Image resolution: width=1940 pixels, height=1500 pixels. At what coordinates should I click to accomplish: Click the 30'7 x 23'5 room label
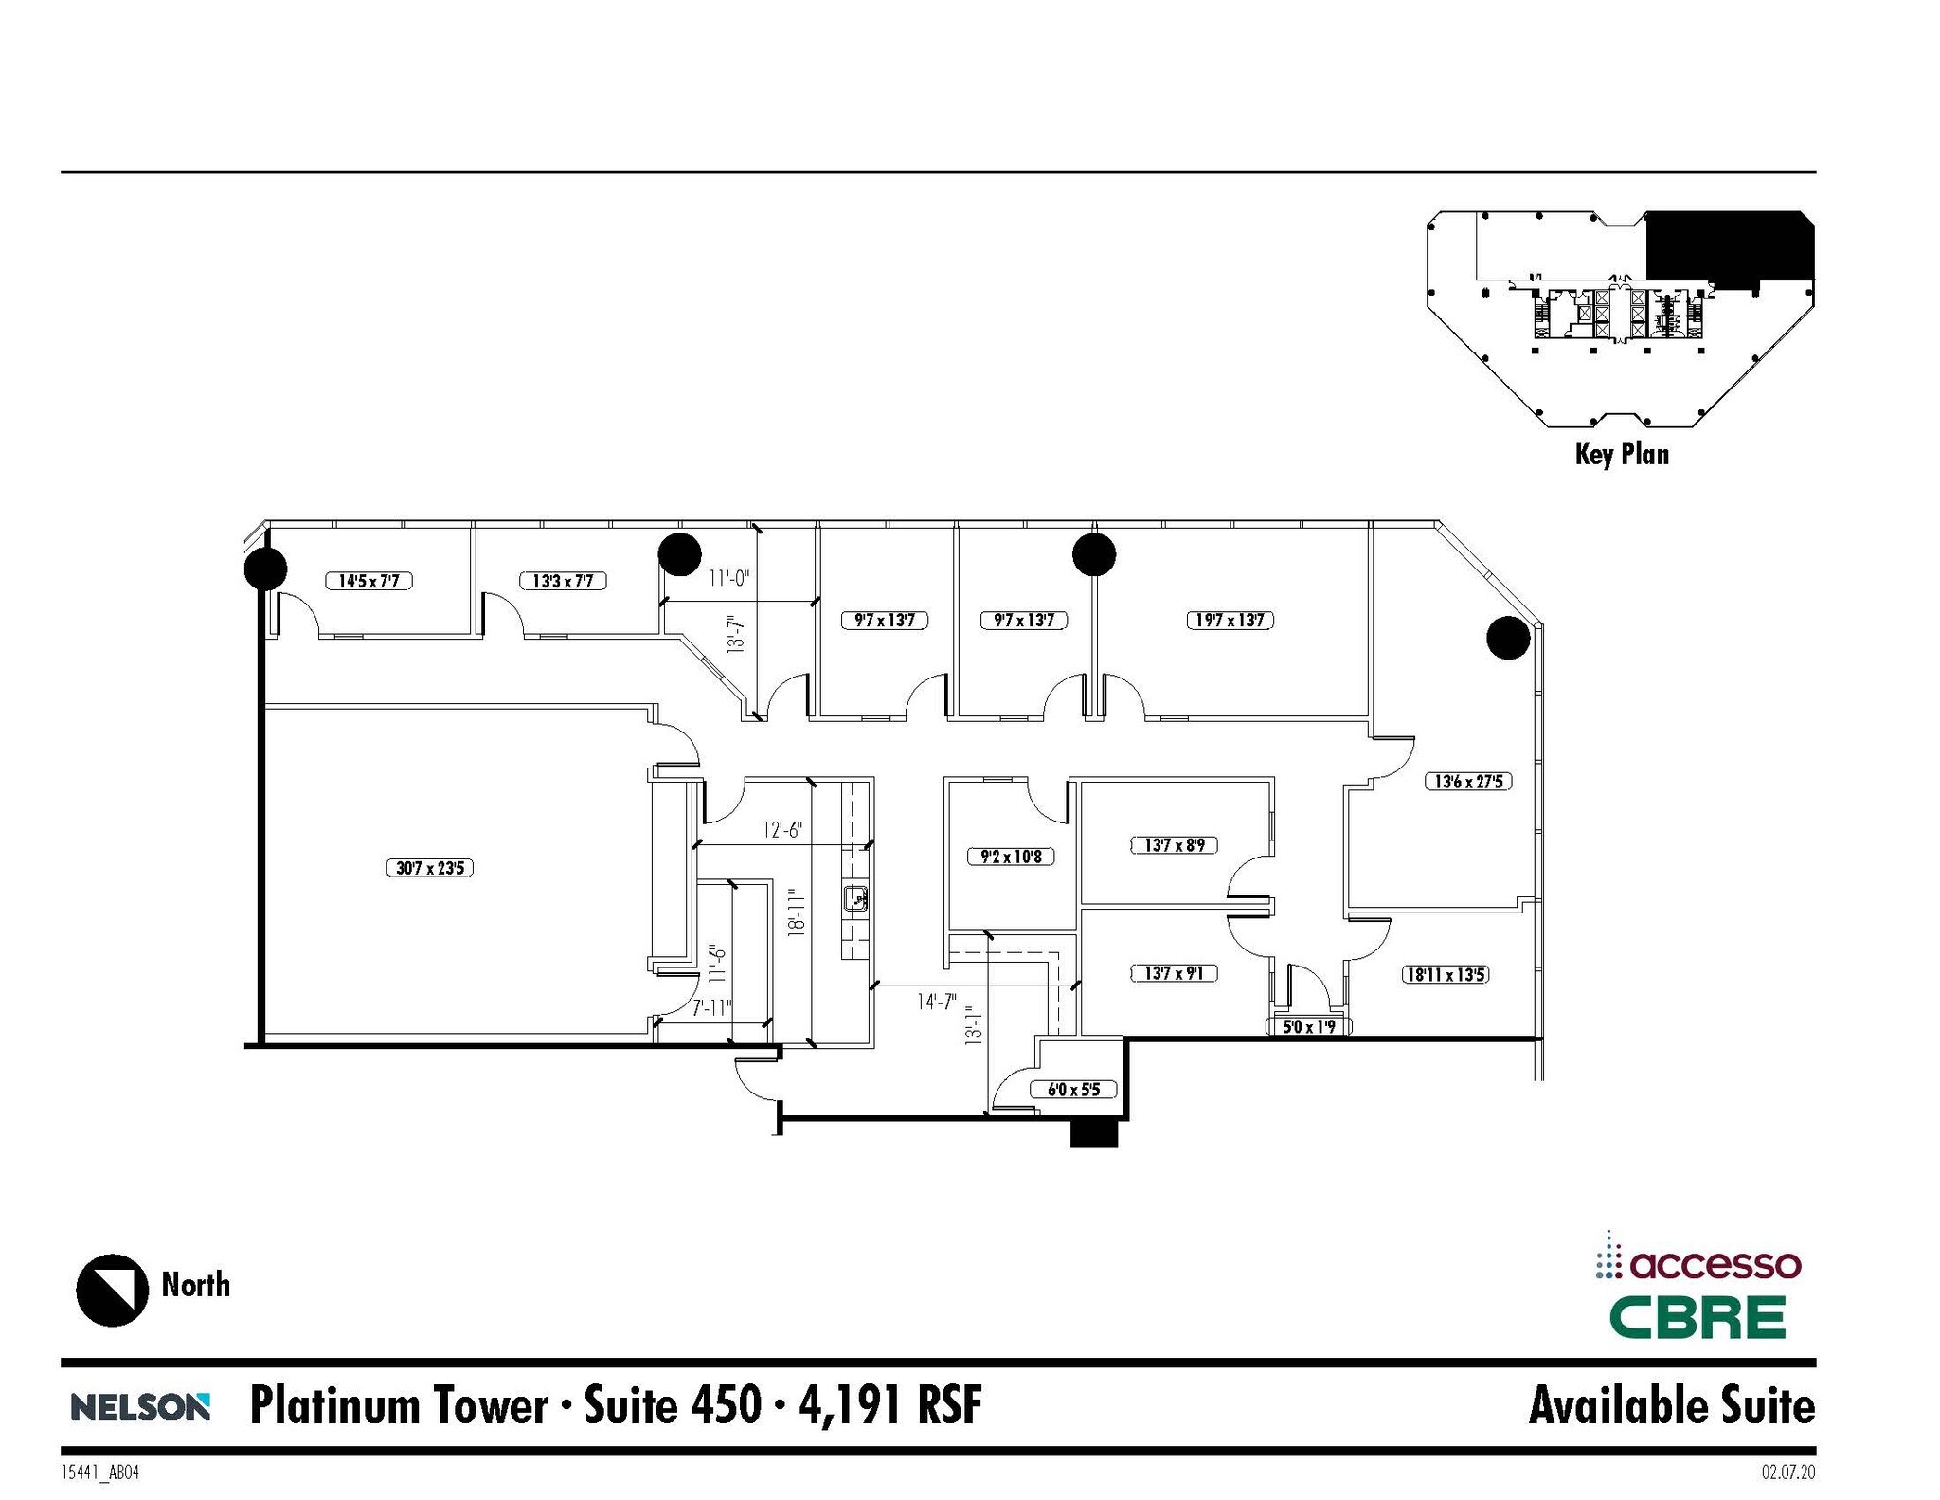[x=429, y=867]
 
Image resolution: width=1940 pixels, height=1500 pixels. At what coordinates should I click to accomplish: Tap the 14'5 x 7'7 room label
[x=368, y=581]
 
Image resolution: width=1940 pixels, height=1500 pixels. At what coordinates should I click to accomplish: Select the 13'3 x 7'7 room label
[x=563, y=581]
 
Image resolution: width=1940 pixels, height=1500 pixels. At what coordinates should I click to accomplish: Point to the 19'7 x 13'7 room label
[x=1230, y=621]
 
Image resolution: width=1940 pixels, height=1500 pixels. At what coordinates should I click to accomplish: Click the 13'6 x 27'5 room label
[x=1468, y=782]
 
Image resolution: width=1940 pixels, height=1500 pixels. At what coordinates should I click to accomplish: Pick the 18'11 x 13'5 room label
[x=1445, y=974]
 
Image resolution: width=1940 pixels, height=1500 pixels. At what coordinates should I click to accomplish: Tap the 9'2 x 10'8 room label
[x=1011, y=857]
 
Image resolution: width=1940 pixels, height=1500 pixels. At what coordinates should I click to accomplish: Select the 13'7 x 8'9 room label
[x=1175, y=844]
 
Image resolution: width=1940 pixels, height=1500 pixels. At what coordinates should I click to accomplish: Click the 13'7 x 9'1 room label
[x=1175, y=973]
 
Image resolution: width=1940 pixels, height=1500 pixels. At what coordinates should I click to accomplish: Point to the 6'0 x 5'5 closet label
[x=1073, y=1090]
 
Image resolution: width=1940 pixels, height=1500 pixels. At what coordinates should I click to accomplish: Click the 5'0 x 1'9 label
[x=1309, y=1026]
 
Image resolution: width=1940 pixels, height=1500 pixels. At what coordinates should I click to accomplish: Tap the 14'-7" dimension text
[x=937, y=1002]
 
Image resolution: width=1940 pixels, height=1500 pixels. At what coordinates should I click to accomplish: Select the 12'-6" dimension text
[x=782, y=830]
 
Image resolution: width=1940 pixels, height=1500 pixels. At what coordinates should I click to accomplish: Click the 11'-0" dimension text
[x=729, y=577]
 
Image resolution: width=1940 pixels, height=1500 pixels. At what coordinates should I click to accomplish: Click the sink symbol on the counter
[x=856, y=896]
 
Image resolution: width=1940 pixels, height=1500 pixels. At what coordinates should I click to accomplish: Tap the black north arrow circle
[x=112, y=1290]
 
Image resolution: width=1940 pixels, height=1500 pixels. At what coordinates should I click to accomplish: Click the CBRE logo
[x=1697, y=1317]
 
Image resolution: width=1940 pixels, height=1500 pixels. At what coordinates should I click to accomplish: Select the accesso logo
[x=1697, y=1264]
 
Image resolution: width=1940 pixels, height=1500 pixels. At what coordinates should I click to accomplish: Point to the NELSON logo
[x=140, y=1407]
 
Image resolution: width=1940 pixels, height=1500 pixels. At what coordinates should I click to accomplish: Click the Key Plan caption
[x=1622, y=454]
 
